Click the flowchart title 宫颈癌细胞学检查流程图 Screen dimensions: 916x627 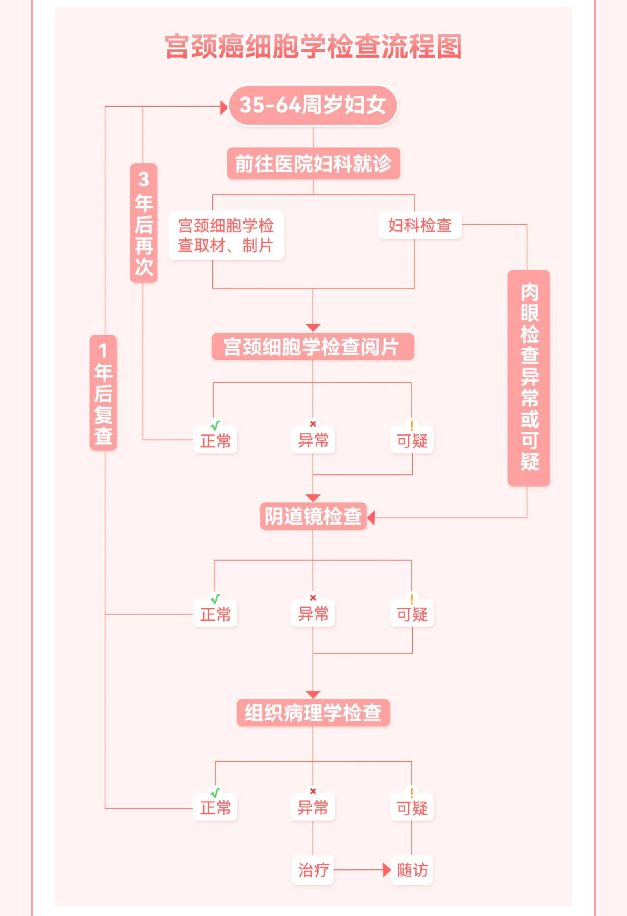coord(313,47)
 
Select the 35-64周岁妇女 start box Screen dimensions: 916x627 coord(313,105)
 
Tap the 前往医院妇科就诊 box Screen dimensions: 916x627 coord(313,164)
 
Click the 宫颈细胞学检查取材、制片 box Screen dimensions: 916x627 coord(226,235)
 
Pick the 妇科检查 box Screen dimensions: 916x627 coord(420,225)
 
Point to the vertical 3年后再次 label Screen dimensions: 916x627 coord(143,223)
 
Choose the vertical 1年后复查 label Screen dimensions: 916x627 coord(103,393)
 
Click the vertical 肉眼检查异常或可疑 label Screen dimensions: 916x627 coord(529,378)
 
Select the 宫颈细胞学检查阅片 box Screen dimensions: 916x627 coord(313,347)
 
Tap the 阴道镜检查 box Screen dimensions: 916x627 coord(313,516)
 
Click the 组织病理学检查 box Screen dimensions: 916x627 coord(313,713)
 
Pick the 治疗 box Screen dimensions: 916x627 coord(313,870)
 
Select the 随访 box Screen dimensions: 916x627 coord(412,870)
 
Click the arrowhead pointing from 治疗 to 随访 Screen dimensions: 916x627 coord(386,870)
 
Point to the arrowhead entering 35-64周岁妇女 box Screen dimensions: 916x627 coord(224,107)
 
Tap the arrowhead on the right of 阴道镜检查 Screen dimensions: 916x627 coord(371,518)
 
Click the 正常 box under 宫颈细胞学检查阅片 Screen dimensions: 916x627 coord(215,441)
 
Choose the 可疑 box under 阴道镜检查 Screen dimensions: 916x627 coord(412,614)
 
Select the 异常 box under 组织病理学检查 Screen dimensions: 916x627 coord(313,808)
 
